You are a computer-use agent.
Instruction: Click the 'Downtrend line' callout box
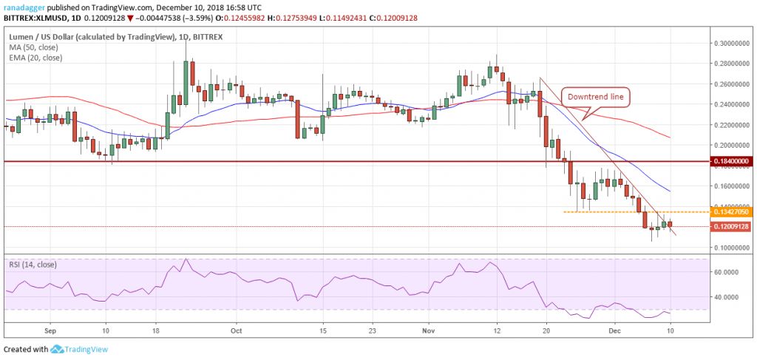596,96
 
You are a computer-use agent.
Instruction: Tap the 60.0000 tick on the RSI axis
728,272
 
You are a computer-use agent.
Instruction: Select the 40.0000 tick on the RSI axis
728,297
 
